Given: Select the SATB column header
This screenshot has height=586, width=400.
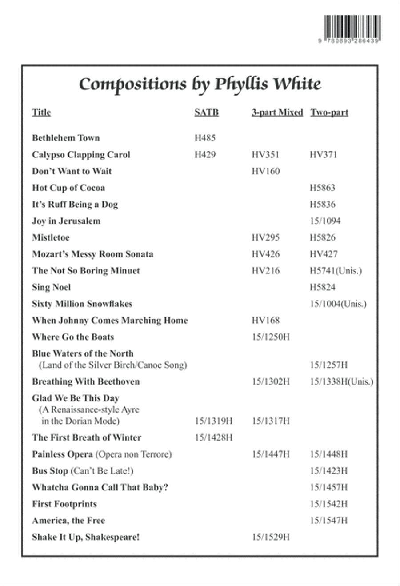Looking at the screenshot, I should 206,112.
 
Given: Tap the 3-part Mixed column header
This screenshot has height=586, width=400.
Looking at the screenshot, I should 277,112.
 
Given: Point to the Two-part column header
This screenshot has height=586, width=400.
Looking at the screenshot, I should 329,112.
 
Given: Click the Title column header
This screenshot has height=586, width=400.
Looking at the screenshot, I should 41,112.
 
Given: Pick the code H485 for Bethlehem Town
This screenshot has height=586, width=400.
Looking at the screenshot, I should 205,138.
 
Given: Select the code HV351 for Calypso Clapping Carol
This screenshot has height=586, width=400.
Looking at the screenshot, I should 265,155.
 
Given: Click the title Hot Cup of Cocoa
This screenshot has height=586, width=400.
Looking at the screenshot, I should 68,188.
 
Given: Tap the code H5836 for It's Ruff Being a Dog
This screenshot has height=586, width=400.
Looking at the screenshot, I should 323,205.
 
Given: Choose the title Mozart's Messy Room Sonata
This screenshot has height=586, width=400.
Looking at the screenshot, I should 92,254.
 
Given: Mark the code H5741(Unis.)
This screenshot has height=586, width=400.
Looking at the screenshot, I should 336,271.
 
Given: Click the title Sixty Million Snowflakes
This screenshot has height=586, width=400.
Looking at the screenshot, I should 82,304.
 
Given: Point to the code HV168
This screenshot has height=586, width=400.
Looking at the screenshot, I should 265,321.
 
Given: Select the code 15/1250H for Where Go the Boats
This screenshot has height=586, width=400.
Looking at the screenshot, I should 270,337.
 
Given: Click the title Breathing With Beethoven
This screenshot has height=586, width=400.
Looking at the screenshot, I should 86,382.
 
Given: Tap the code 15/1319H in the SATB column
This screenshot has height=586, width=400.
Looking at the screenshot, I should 213,421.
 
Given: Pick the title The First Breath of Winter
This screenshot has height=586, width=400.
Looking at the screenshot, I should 87,437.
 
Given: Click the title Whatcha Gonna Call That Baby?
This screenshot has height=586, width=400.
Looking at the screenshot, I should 100,487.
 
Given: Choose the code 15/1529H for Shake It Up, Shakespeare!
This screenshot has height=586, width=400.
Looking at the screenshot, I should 270,537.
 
